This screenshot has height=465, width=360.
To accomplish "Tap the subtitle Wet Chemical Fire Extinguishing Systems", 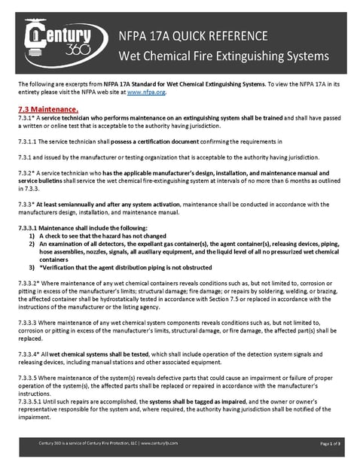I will pos(223,56).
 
